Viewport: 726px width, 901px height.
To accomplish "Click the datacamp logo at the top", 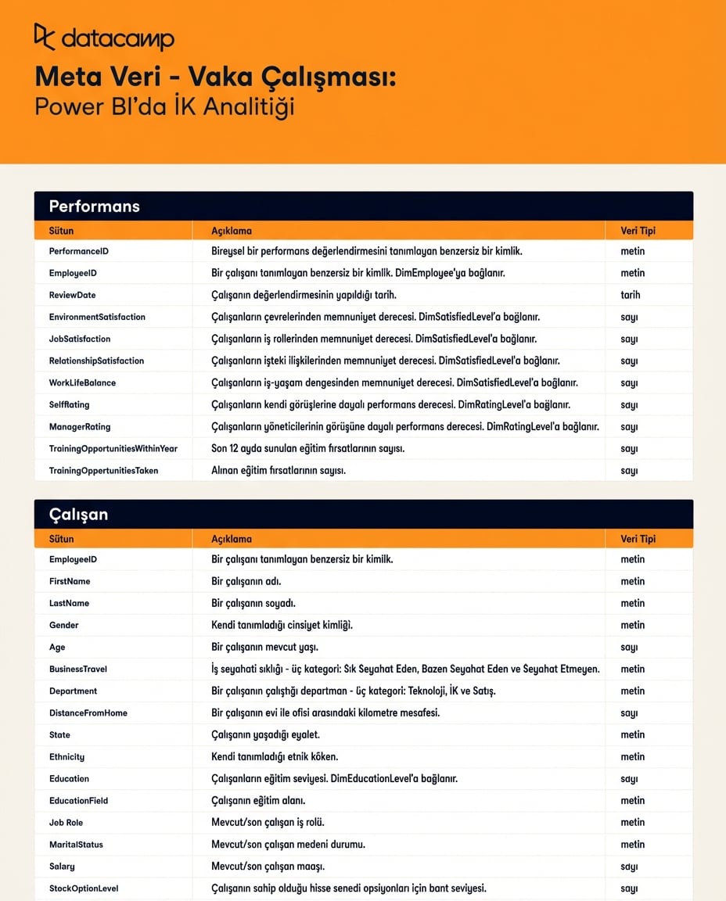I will [x=104, y=38].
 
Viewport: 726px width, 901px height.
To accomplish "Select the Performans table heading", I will [x=94, y=206].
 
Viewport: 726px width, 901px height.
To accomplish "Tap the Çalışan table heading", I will [x=78, y=515].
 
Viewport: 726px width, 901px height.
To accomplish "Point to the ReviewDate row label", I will [x=72, y=295].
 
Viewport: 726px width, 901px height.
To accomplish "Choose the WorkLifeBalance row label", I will [x=82, y=382].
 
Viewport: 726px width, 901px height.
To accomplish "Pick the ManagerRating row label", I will [x=80, y=426].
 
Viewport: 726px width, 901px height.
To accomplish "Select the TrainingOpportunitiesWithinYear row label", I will [x=113, y=448].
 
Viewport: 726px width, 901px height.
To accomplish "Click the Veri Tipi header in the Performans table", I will [x=638, y=231].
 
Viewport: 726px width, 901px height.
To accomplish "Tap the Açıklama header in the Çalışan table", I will [x=232, y=539].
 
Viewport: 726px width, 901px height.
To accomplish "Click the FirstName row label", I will [x=70, y=581].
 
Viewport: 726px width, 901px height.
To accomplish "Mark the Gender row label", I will [x=64, y=625].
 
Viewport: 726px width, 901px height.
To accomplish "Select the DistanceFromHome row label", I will [x=88, y=713].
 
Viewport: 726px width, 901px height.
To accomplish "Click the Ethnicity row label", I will [x=66, y=756].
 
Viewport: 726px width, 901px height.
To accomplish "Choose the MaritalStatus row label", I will [x=76, y=844].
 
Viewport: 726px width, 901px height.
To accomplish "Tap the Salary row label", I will [x=62, y=866].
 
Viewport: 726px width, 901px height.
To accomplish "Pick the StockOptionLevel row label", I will [x=84, y=888].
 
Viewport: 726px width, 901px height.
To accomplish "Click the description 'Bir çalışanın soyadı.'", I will [x=253, y=603].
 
